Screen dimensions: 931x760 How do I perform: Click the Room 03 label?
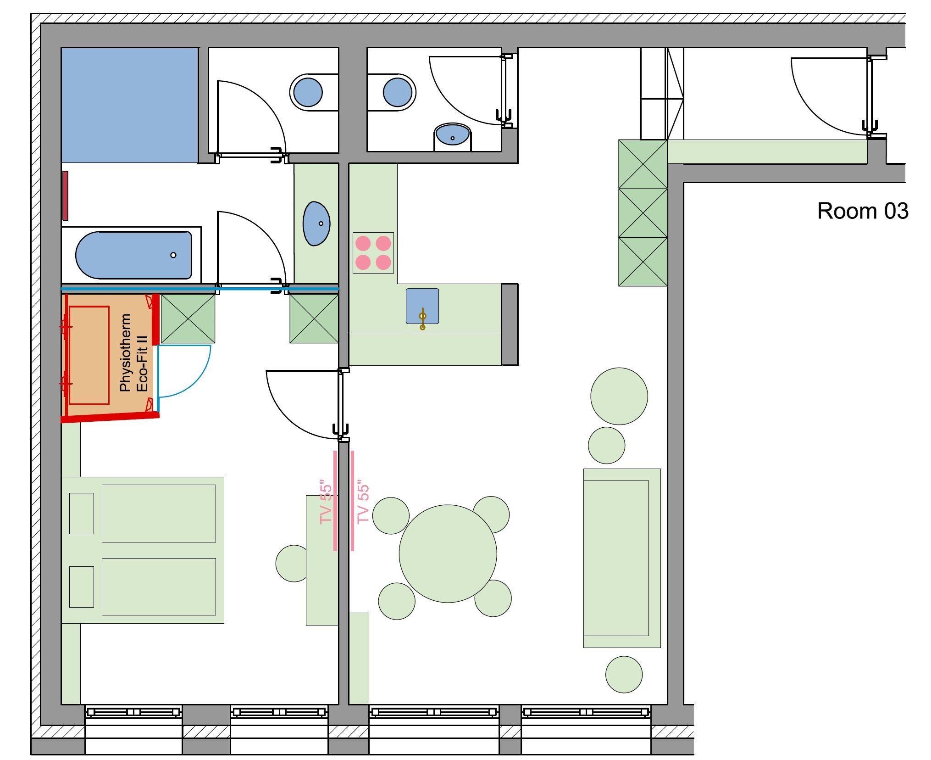pyautogui.click(x=862, y=211)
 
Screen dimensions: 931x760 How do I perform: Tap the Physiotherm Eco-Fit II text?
pyautogui.click(x=133, y=352)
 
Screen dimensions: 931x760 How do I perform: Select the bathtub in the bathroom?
pyautogui.click(x=133, y=255)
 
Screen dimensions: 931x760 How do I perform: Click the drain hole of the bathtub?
pyautogui.click(x=173, y=255)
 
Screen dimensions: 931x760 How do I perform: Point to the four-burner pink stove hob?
pyautogui.click(x=373, y=253)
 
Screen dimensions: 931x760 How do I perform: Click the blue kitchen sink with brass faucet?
pyautogui.click(x=422, y=307)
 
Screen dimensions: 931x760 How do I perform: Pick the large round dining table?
pyautogui.click(x=448, y=554)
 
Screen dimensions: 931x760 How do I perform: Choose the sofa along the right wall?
pyautogui.click(x=622, y=558)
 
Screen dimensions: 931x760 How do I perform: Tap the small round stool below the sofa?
pyautogui.click(x=624, y=675)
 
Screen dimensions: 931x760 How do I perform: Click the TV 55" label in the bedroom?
pyautogui.click(x=326, y=502)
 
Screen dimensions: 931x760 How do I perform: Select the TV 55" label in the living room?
pyautogui.click(x=363, y=502)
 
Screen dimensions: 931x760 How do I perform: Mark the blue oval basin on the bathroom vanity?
pyautogui.click(x=316, y=224)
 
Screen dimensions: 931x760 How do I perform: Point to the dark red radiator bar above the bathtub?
pyautogui.click(x=66, y=196)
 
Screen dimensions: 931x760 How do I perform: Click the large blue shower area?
pyautogui.click(x=130, y=105)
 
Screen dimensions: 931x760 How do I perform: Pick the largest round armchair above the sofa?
pyautogui.click(x=619, y=396)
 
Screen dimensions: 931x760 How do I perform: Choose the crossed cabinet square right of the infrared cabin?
pyautogui.click(x=188, y=319)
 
